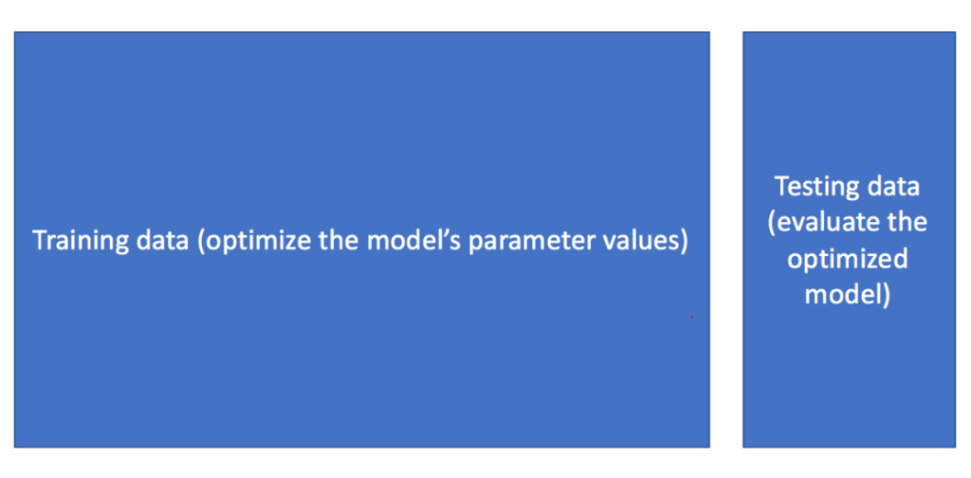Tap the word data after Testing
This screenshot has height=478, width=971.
[891, 186]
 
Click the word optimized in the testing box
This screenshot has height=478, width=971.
[847, 260]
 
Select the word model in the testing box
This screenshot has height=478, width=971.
[843, 294]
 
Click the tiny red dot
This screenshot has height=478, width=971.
[691, 317]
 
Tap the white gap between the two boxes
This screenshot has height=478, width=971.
[725, 239]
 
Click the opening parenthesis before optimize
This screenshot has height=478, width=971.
[200, 242]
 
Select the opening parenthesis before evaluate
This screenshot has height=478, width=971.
[772, 223]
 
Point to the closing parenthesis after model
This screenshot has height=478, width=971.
[887, 295]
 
